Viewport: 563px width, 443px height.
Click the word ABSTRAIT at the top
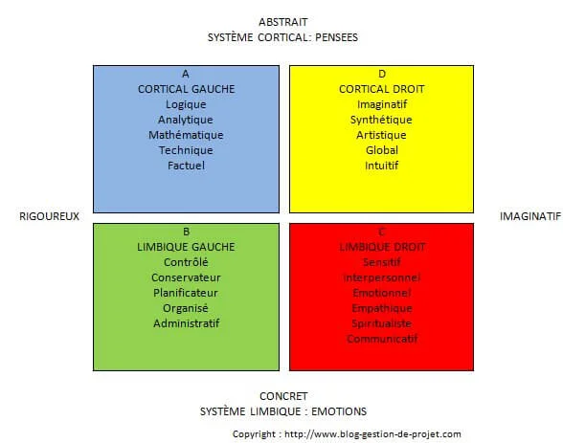click(x=283, y=22)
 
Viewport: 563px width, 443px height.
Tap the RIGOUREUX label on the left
click(x=49, y=216)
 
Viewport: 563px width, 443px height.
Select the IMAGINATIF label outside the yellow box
click(x=530, y=216)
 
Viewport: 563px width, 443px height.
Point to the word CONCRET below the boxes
click(x=283, y=396)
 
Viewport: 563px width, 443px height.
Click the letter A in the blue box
click(x=186, y=74)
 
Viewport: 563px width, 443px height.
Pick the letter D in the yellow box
click(x=382, y=74)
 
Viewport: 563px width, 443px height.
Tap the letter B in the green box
click(x=186, y=232)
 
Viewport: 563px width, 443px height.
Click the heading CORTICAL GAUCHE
click(x=186, y=89)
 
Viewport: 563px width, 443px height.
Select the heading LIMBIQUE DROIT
click(x=382, y=247)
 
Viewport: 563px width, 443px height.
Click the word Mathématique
click(x=186, y=135)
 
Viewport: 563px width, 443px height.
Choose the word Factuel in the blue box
click(x=186, y=166)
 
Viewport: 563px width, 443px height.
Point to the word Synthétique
click(x=381, y=120)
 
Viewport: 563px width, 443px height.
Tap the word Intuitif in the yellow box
click(x=382, y=166)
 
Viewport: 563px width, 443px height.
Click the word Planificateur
click(x=186, y=293)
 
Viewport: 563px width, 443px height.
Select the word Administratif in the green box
click(x=187, y=323)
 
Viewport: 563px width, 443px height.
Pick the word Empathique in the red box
click(x=382, y=308)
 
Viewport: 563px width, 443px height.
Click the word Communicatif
click(x=382, y=339)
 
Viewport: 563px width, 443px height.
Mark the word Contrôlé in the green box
click(x=186, y=262)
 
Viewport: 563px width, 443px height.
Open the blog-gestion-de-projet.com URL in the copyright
click(x=372, y=434)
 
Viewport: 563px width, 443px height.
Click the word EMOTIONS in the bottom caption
click(x=339, y=411)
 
